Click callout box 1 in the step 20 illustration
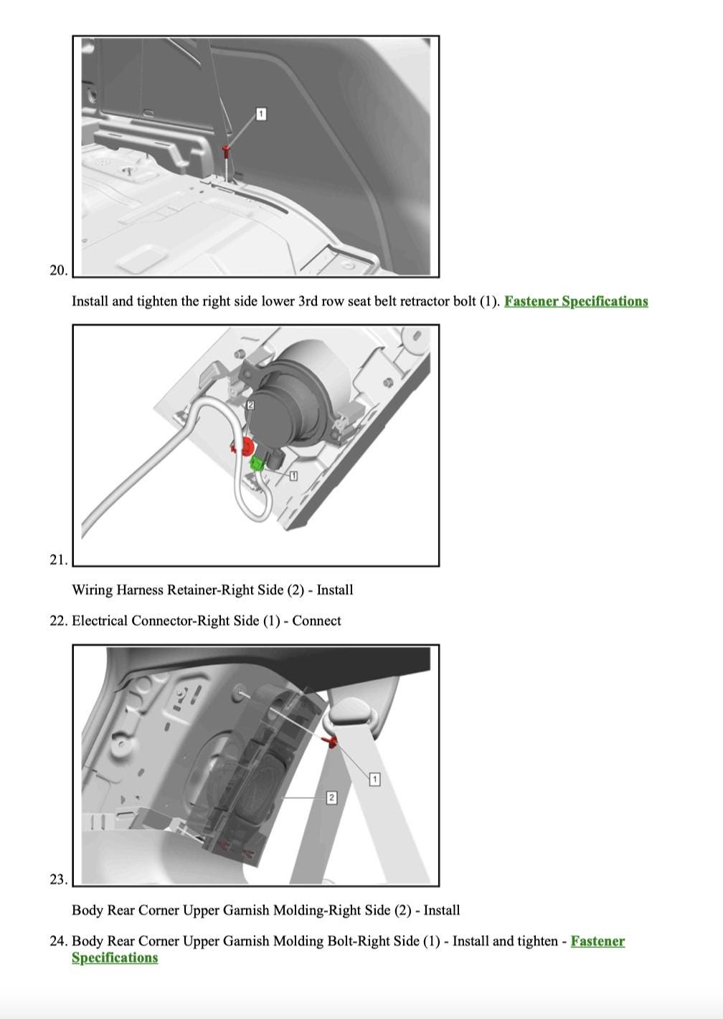[x=261, y=114]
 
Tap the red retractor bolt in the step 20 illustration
[x=226, y=150]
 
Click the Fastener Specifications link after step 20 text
[x=576, y=301]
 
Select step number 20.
[x=58, y=270]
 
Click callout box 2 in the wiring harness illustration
[x=250, y=405]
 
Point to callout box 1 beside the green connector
[x=293, y=476]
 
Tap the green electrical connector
[x=257, y=464]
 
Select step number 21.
[x=58, y=560]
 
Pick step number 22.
[x=58, y=621]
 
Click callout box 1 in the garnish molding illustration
[x=374, y=779]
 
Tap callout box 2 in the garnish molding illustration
[x=331, y=798]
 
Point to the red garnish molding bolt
[x=331, y=741]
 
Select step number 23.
[x=58, y=879]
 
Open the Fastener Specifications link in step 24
[x=597, y=941]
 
